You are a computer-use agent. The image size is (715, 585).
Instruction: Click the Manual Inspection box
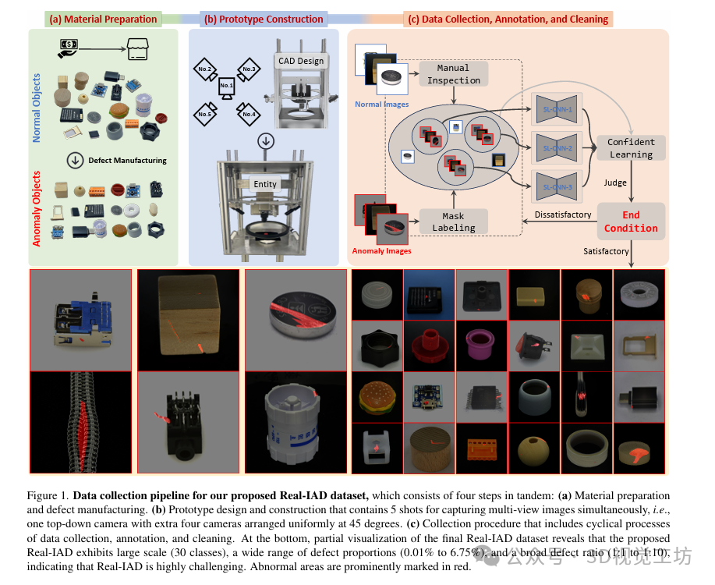454,74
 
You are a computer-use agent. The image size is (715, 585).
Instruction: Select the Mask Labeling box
454,222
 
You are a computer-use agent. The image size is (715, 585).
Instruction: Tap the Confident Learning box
631,148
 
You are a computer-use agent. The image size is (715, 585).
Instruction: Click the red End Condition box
631,222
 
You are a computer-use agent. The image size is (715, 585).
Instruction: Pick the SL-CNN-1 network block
557,110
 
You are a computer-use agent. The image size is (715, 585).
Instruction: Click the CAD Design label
300,61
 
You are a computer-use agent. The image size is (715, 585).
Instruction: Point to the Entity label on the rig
265,184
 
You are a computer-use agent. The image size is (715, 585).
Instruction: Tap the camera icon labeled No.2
204,69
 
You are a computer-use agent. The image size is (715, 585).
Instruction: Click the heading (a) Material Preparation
103,19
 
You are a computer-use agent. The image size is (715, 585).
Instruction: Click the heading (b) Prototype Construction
262,19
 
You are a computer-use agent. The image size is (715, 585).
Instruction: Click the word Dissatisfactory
563,214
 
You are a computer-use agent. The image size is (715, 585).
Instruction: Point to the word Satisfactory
606,251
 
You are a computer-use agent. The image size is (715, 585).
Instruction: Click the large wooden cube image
188,317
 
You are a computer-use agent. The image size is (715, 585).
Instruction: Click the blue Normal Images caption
381,104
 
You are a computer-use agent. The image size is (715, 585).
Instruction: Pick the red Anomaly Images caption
382,251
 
